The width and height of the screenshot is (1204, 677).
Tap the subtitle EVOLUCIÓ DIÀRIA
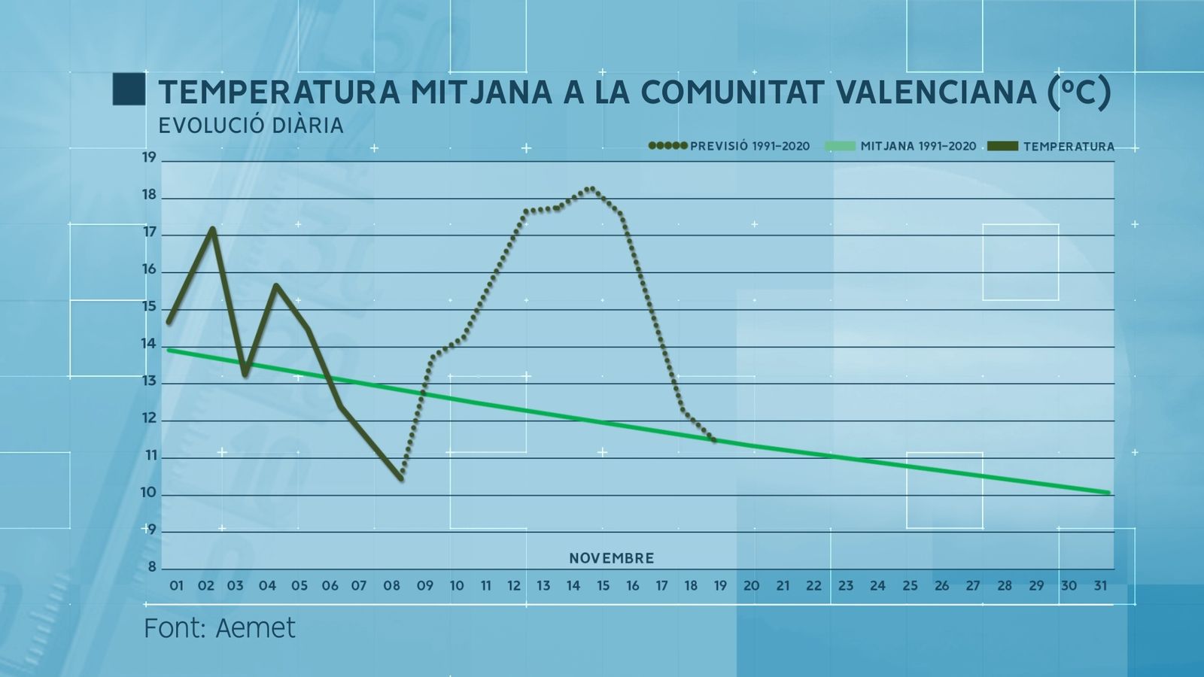251,126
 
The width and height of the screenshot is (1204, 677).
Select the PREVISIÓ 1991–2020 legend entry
729,146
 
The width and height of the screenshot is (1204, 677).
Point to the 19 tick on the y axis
149,158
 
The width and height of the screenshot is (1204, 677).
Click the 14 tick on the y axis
149,345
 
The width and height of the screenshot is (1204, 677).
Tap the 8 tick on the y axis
151,568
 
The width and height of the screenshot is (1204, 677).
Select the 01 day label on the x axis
176,586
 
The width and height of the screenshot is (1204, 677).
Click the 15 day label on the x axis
603,586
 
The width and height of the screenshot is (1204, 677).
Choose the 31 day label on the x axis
1099,586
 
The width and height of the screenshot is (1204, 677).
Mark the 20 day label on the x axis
751,586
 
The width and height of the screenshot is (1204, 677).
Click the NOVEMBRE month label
611,559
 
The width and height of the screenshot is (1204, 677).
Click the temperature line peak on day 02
213,229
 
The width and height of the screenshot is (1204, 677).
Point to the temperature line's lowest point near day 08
401,478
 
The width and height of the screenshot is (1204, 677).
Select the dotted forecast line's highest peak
591,189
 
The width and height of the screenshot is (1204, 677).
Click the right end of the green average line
1108,493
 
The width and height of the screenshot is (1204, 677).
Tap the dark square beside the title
129,90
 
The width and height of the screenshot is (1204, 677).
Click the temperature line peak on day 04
276,286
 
